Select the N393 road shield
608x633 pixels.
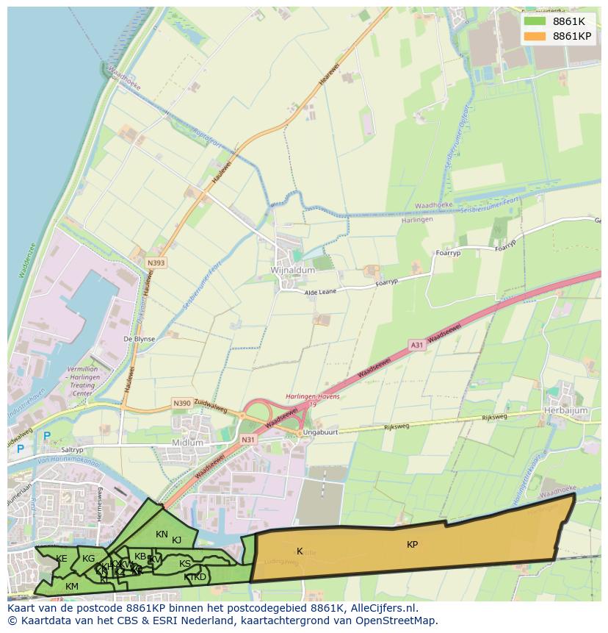coord(156,262)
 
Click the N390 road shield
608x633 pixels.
coord(181,403)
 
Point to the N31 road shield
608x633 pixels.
coord(249,440)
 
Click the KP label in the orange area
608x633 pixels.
coord(413,545)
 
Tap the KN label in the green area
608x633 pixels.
coord(162,534)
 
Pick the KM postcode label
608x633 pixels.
coord(72,586)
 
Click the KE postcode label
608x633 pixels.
coord(62,559)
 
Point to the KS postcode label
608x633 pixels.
coord(185,564)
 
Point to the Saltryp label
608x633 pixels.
coord(73,450)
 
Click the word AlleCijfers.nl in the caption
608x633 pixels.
coord(381,608)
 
